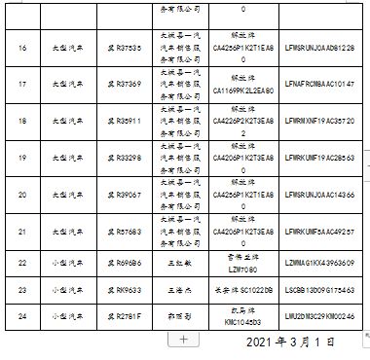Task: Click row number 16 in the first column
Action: pyautogui.click(x=21, y=45)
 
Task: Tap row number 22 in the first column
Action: pyautogui.click(x=21, y=262)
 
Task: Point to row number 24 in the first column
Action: pyautogui.click(x=21, y=315)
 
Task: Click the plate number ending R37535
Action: pyautogui.click(x=125, y=45)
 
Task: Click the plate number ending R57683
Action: pyautogui.click(x=125, y=234)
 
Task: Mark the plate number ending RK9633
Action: pyautogui.click(x=125, y=289)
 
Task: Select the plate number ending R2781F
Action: pyautogui.click(x=125, y=315)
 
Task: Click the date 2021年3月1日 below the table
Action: pyautogui.click(x=291, y=342)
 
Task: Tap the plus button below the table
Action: pyautogui.click(x=184, y=339)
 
